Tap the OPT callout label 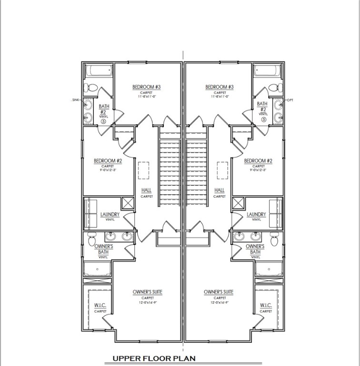click(x=290, y=100)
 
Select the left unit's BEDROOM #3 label click(x=146, y=87)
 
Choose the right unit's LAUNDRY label click(x=257, y=214)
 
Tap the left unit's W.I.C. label click(x=100, y=305)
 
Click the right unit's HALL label click(x=220, y=190)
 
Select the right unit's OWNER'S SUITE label click(x=219, y=292)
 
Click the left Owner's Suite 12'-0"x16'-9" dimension click(x=147, y=303)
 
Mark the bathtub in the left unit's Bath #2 click(x=99, y=71)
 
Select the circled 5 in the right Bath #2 click(x=264, y=119)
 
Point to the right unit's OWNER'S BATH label click(x=255, y=249)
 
